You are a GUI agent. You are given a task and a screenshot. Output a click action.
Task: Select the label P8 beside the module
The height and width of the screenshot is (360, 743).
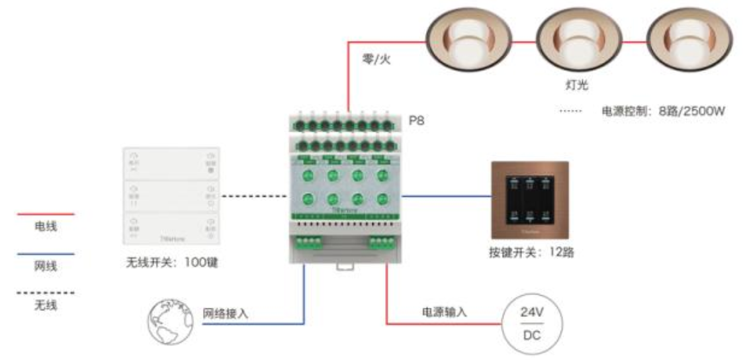click(416, 121)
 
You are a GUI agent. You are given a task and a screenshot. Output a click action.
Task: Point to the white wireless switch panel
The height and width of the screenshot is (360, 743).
click(171, 195)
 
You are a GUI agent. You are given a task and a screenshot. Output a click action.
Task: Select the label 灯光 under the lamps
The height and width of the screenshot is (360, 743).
click(570, 85)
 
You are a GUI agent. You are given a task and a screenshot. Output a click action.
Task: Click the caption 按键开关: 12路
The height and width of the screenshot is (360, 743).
click(529, 253)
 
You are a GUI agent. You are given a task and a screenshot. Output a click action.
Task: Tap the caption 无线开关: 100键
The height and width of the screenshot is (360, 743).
click(172, 263)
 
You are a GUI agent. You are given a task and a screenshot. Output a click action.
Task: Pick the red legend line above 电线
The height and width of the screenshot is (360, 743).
click(46, 214)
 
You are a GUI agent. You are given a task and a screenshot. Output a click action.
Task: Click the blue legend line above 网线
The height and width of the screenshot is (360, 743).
click(46, 253)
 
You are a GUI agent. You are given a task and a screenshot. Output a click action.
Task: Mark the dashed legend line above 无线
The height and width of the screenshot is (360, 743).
click(46, 292)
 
